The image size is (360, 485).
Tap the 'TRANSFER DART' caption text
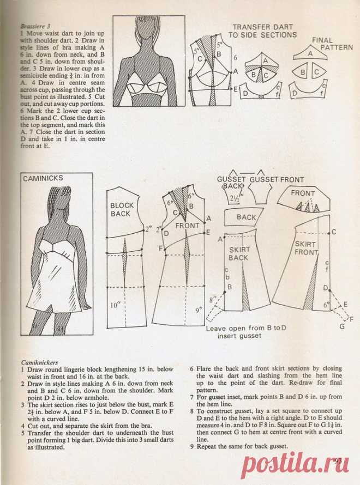tap(263, 27)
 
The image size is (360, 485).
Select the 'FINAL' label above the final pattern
tap(322, 40)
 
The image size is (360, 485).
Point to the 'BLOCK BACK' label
tap(121, 209)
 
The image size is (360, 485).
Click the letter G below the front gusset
tap(341, 327)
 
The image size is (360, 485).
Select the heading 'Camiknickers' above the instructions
tap(39, 362)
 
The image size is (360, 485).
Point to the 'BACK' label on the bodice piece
tap(246, 217)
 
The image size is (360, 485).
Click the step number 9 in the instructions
tap(191, 448)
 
